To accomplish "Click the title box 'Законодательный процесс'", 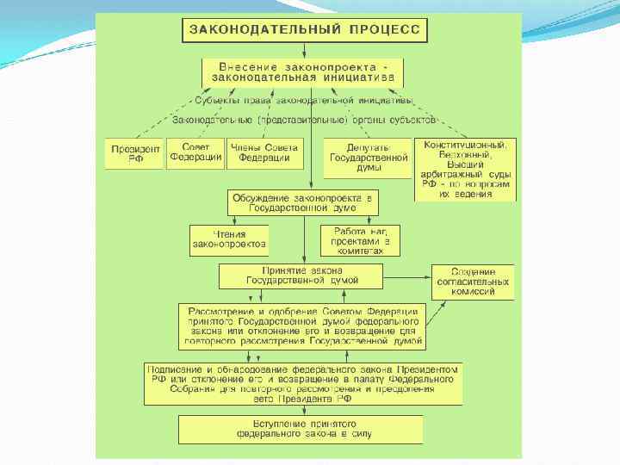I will (x=303, y=29).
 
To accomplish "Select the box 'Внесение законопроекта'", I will (x=303, y=71).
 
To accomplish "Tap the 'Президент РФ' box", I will (x=134, y=153).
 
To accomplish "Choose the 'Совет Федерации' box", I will (x=195, y=152).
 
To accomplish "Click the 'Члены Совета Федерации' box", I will (x=265, y=152).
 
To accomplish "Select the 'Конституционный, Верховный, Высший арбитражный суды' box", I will (x=466, y=169).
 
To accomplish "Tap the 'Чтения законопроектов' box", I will (x=229, y=239).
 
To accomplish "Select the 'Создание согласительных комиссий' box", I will (x=473, y=282).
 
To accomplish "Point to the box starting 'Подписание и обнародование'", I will (x=302, y=383).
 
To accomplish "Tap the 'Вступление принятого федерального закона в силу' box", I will (x=301, y=429).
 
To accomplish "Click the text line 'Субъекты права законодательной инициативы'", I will (x=303, y=100).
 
